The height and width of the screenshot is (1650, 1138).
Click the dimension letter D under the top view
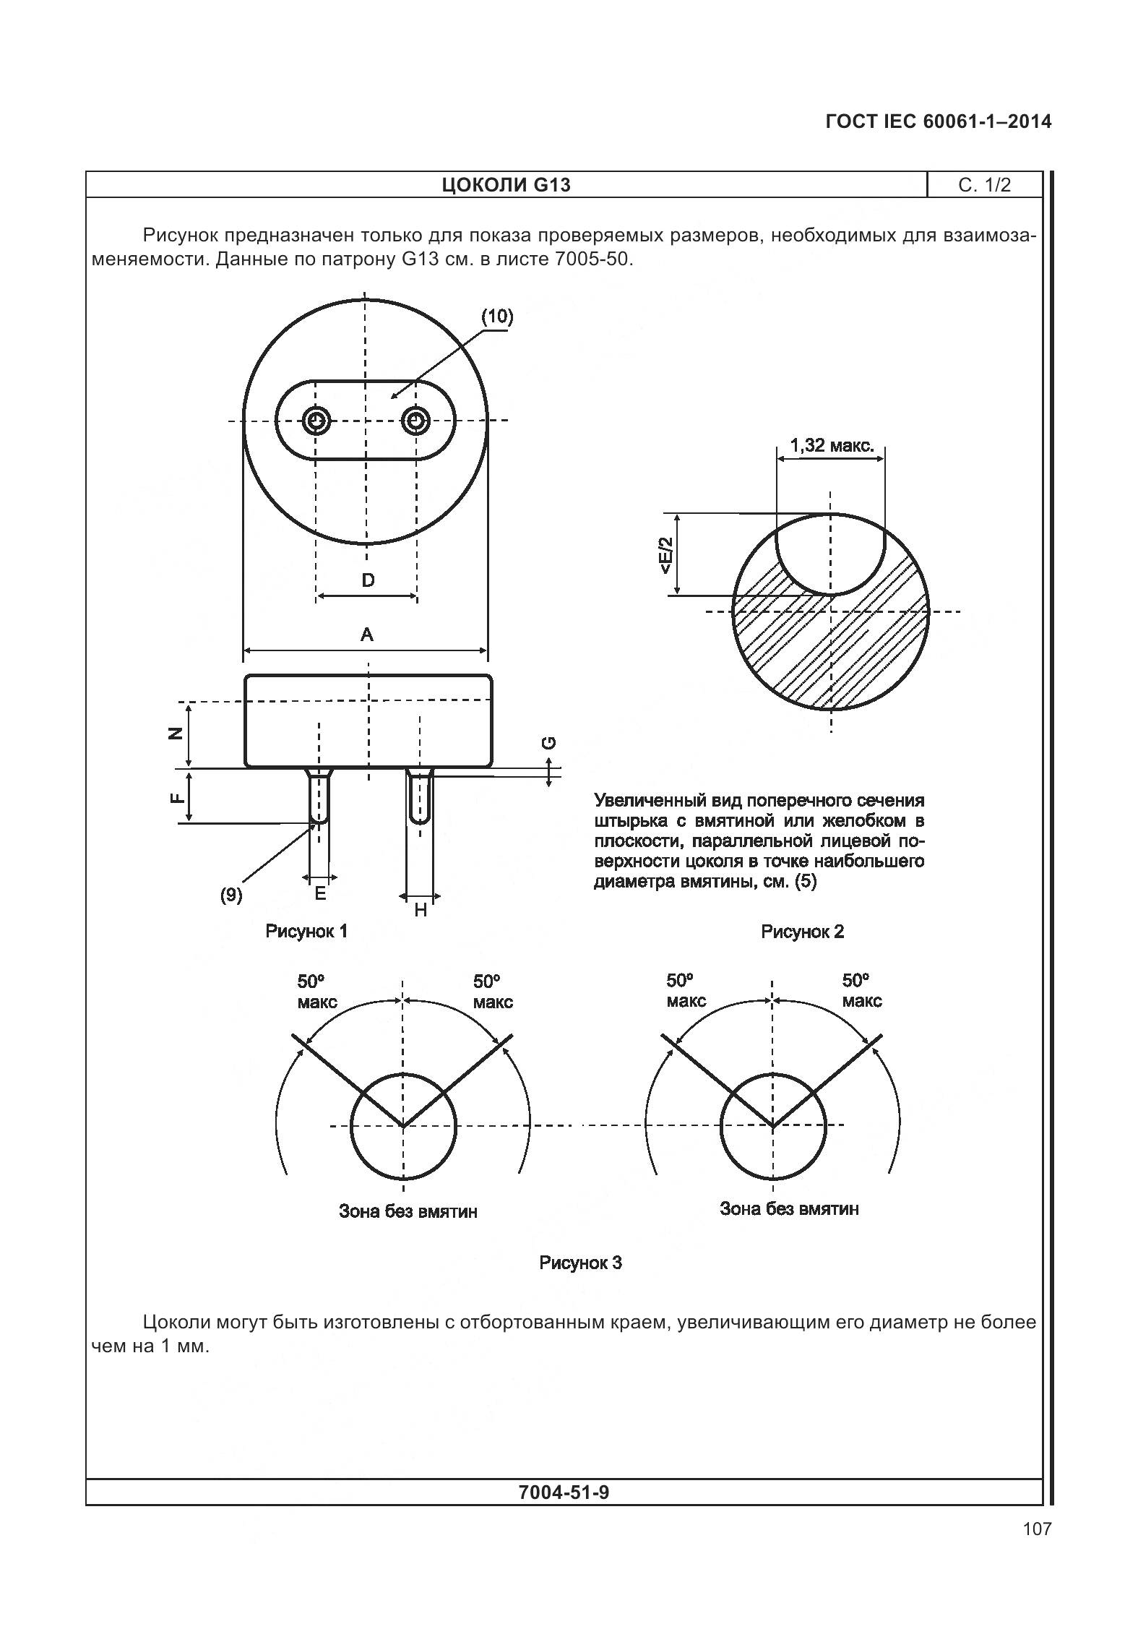point(368,580)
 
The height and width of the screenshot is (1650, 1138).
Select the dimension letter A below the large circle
point(367,635)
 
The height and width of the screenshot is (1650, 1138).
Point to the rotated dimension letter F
point(175,797)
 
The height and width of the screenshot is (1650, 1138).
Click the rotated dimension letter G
point(549,742)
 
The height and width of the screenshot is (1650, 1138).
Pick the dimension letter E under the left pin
point(320,894)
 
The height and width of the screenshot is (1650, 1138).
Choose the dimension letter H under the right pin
point(421,910)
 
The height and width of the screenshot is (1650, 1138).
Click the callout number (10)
point(497,316)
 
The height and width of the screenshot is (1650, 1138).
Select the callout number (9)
point(231,895)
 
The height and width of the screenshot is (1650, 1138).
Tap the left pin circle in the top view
point(316,420)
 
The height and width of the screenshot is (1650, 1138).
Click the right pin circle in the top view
point(416,420)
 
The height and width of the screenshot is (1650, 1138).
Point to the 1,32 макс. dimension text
point(832,445)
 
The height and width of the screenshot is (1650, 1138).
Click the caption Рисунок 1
point(306,931)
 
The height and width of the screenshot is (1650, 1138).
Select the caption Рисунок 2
point(802,932)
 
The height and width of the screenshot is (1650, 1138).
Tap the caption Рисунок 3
point(580,1263)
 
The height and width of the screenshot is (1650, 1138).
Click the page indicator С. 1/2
point(984,185)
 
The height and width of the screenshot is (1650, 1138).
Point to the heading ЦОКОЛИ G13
point(506,185)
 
